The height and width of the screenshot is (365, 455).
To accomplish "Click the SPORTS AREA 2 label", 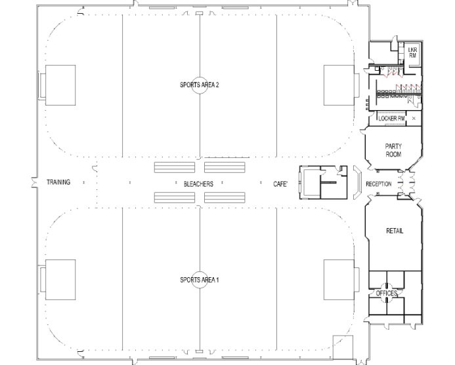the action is (x=200, y=85).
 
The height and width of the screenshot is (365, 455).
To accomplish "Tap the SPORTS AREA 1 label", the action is (x=200, y=280).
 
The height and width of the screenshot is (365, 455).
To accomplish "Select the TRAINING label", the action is (x=58, y=182).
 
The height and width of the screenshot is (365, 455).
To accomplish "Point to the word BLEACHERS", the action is (x=198, y=184).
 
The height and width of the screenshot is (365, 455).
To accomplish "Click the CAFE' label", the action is (x=280, y=184).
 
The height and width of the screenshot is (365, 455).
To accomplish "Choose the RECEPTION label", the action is (x=378, y=184).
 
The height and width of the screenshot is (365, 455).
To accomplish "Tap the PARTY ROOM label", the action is (x=393, y=150).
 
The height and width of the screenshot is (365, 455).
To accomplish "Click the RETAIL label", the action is (x=395, y=231).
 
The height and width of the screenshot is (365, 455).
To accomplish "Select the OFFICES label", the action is (x=387, y=294).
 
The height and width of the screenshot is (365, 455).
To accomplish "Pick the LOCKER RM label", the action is (x=391, y=118).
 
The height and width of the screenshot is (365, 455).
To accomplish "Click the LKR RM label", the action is (x=412, y=52).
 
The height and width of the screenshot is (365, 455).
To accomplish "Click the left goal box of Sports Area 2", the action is (x=60, y=85).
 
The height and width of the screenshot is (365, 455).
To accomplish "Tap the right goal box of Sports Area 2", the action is (x=339, y=85).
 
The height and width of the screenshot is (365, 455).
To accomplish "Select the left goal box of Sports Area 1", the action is (x=60, y=280).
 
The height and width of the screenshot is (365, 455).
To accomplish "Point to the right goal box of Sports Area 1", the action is (x=339, y=280).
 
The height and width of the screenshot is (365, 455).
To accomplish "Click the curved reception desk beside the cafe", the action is (x=360, y=182).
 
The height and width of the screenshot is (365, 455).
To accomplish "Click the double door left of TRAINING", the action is (x=35, y=182).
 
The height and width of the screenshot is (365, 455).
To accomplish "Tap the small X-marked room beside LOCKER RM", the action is (x=414, y=118).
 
